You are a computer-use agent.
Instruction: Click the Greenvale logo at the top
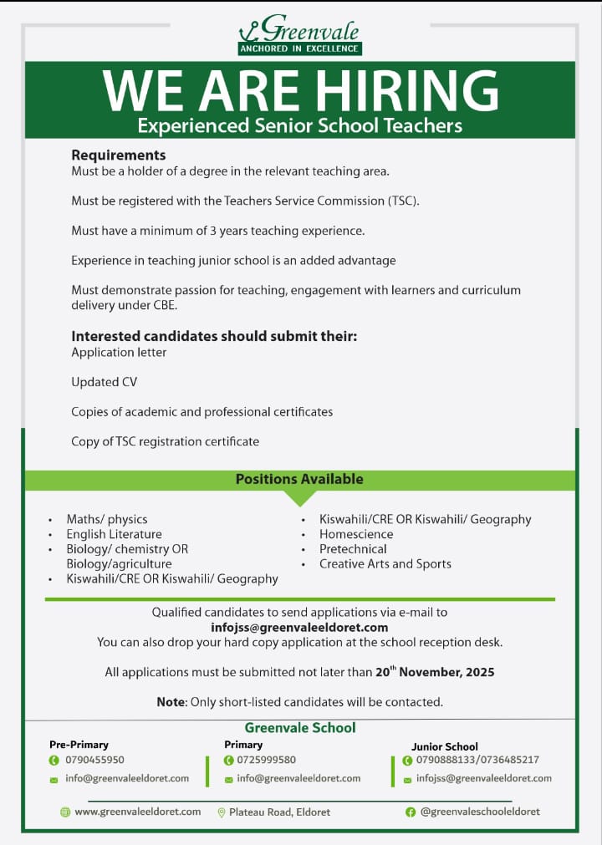point(299,34)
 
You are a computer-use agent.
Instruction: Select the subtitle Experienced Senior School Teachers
point(299,125)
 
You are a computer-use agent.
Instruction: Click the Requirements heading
point(119,155)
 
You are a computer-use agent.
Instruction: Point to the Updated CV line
point(104,382)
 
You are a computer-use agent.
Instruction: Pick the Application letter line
point(119,352)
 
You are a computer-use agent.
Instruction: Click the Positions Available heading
point(299,479)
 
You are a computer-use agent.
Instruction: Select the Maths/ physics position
point(107,519)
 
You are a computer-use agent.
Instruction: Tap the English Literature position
point(115,534)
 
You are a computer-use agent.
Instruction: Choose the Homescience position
point(356,534)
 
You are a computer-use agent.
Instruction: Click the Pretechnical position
point(353,549)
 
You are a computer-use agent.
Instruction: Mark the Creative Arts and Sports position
point(385,564)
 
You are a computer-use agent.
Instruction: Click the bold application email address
point(299,627)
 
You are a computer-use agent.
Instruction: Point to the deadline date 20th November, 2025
point(435,672)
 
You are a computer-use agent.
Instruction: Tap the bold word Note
point(171,702)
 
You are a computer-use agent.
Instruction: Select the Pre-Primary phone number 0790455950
point(94,760)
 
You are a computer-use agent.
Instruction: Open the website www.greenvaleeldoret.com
point(137,812)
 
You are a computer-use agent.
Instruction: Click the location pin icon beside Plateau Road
point(222,812)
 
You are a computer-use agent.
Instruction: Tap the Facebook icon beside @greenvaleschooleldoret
point(411,812)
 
